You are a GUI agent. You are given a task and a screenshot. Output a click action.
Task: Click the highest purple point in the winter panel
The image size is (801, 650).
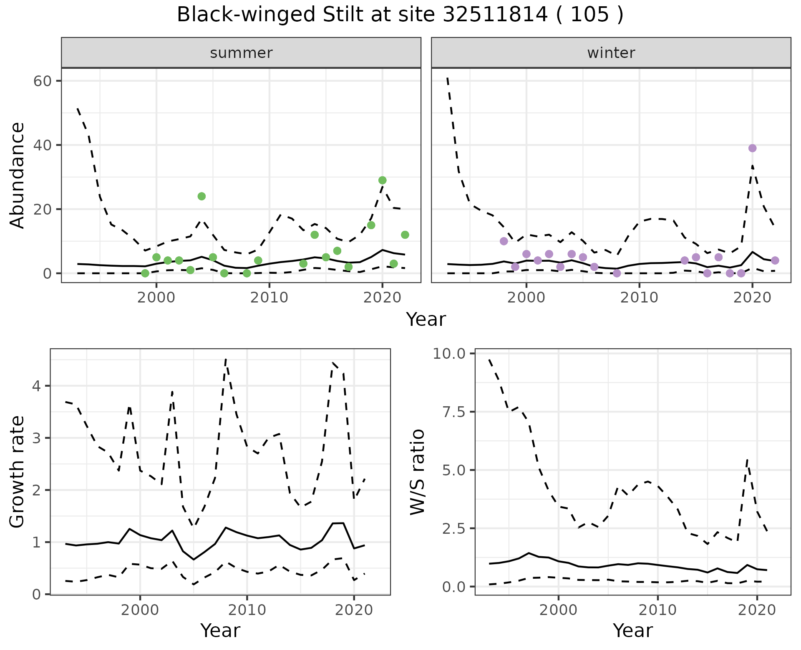752,148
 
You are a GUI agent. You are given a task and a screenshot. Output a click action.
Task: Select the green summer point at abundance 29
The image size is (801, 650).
382,180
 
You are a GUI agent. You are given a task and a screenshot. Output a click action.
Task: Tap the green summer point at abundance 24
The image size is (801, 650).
202,196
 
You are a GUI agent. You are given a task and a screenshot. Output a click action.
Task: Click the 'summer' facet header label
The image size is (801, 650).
241,53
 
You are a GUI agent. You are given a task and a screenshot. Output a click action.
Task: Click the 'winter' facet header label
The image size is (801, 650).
611,53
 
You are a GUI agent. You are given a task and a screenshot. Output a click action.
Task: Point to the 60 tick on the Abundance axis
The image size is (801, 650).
42,81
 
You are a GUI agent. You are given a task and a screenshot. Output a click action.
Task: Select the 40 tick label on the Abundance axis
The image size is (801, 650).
42,145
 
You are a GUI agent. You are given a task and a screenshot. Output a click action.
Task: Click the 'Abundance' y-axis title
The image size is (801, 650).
18,175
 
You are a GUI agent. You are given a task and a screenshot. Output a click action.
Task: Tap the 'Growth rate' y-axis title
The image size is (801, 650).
18,472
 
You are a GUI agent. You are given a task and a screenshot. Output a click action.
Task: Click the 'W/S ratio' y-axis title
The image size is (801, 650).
417,472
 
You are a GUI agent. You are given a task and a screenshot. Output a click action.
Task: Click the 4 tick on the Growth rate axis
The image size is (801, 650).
36,386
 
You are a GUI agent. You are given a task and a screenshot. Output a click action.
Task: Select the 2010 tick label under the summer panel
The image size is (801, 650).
269,297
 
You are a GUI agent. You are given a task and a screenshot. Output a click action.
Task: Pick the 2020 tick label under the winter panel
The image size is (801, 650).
752,297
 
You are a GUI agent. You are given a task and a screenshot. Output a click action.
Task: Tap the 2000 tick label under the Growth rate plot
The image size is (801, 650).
140,610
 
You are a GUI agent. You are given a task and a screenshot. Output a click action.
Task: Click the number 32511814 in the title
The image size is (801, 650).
495,15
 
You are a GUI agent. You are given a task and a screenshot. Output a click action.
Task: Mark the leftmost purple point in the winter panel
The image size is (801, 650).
504,241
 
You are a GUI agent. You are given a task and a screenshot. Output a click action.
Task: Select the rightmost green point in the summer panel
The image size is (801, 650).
405,235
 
